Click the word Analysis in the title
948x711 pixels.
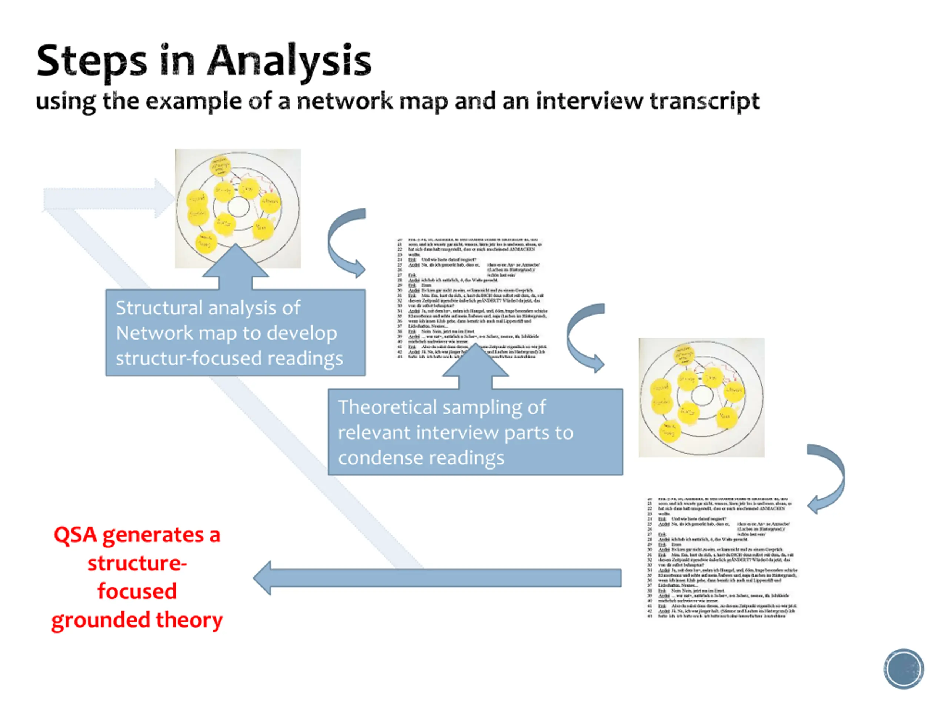point(289,61)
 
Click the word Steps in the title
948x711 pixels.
point(92,61)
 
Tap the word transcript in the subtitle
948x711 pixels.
point(704,101)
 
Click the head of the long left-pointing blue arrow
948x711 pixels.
point(264,578)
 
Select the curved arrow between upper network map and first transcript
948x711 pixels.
point(343,242)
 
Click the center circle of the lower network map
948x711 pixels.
point(702,395)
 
